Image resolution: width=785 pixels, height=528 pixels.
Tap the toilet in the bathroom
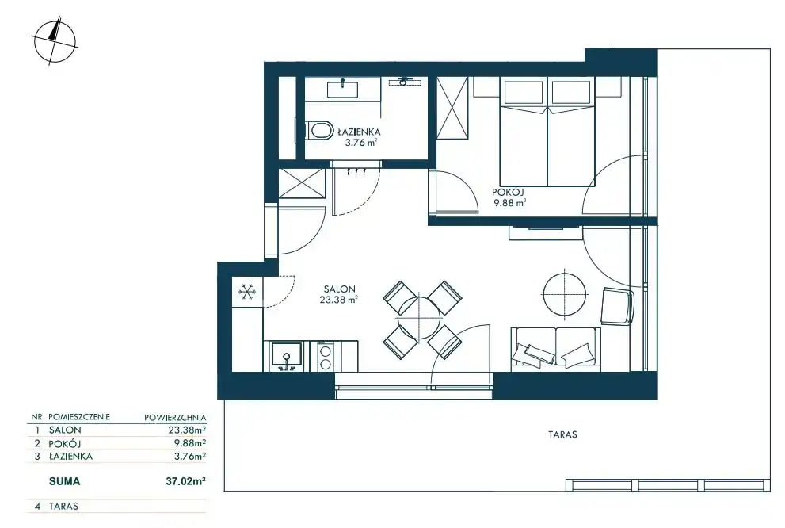click(x=318, y=131)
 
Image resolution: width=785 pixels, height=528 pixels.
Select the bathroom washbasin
click(x=342, y=89)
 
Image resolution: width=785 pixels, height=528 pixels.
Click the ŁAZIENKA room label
click(x=359, y=132)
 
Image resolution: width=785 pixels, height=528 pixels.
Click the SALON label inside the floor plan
click(x=340, y=289)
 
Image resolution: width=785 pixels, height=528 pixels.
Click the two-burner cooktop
click(x=326, y=356)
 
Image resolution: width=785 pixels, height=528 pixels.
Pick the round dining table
click(x=421, y=319)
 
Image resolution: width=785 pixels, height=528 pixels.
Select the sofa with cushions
click(x=556, y=350)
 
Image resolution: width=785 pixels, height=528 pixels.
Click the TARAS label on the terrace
click(x=562, y=434)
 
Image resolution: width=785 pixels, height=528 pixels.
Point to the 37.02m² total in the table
click(x=185, y=481)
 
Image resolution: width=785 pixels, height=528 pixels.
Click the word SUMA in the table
click(x=65, y=481)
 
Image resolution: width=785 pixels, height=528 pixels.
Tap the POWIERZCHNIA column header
click(x=175, y=417)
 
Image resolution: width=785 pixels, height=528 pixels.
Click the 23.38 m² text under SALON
click(x=338, y=300)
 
